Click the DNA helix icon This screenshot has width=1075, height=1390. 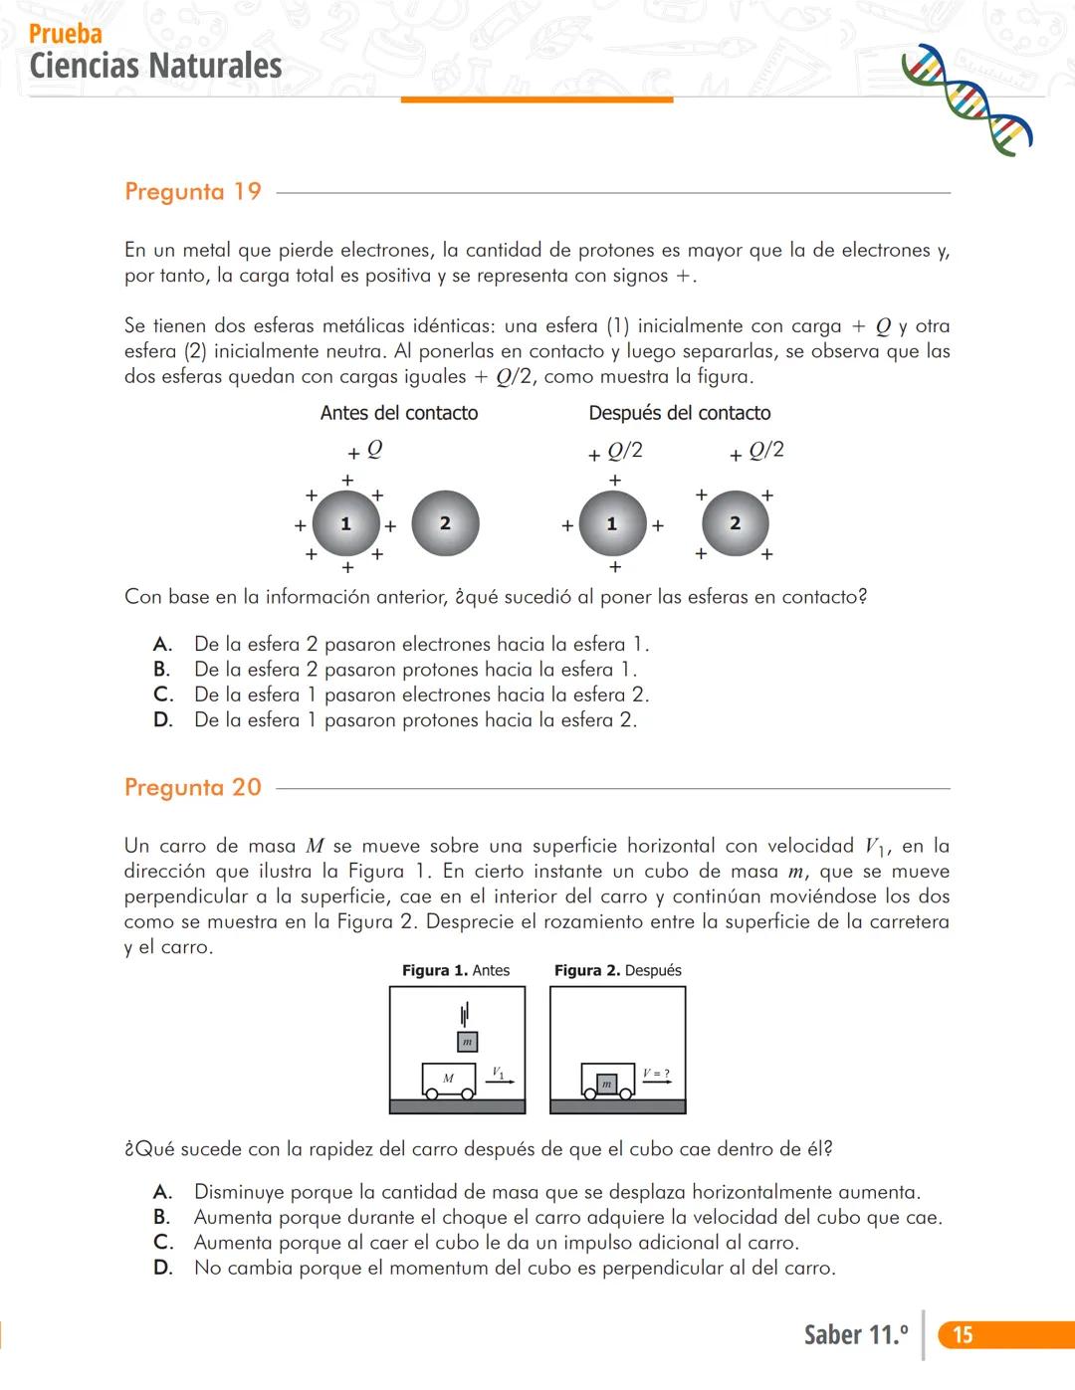966,99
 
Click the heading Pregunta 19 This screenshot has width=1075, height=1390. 193,191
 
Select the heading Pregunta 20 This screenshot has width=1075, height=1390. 193,787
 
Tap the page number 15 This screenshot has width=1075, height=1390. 963,1334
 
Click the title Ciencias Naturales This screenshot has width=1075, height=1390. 155,66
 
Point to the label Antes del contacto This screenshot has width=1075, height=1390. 399,413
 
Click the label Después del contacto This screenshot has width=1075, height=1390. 680,413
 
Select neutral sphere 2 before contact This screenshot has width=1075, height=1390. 445,523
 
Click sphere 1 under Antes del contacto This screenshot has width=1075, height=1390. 346,523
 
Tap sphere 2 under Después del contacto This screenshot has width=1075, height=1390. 736,523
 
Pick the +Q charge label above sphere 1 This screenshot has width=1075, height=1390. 366,451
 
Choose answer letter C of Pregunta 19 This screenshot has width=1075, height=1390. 163,695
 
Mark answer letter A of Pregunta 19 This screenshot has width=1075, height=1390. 163,645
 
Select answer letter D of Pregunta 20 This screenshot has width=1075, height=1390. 163,1268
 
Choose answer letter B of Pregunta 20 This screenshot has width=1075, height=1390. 162,1217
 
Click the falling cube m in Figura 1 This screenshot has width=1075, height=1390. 467,1042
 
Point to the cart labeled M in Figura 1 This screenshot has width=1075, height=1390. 449,1080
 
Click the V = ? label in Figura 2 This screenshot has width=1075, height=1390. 656,1074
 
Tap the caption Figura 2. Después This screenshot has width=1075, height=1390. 618,970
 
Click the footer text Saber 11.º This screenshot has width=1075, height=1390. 856,1334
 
